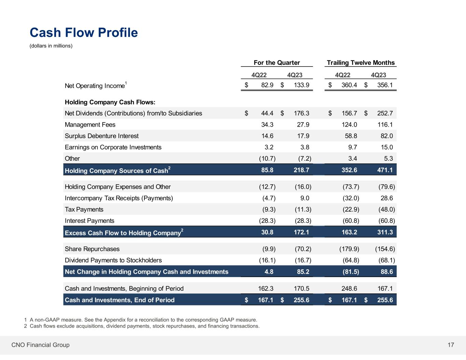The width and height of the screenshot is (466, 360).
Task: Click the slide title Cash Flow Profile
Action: coord(84,33)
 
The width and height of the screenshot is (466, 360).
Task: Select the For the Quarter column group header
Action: coord(277,63)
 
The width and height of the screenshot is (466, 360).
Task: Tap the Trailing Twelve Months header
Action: coord(361,63)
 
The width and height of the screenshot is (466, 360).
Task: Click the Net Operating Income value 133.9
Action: coord(301,85)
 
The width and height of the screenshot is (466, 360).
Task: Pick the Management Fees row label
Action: coord(90,125)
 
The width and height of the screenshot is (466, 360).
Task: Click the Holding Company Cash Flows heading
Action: coord(110,102)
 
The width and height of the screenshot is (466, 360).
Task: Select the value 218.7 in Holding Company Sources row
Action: coord(301,170)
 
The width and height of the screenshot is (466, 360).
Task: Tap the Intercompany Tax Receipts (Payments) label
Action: coord(119,198)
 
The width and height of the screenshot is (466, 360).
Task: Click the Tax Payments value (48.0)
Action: coord(386,210)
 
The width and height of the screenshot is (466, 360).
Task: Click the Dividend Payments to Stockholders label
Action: coord(113,260)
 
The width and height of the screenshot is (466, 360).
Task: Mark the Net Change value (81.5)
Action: coord(351,272)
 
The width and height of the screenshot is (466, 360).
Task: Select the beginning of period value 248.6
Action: coord(349,289)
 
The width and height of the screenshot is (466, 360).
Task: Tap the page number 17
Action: coord(451,345)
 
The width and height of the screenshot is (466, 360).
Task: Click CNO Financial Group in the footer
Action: coord(41,345)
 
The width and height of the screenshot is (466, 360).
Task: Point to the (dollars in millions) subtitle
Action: coord(51,46)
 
